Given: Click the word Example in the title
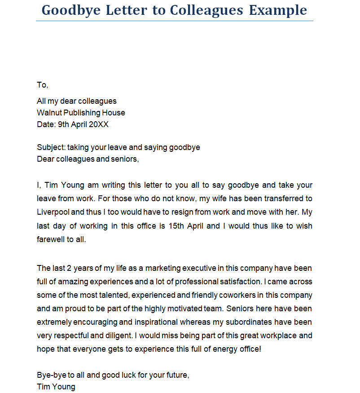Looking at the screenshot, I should (278, 10).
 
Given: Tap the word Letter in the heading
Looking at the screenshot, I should (127, 10).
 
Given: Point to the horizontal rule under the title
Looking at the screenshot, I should (175, 21).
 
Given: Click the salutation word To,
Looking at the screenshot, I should (42, 85).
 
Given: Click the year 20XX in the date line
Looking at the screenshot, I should (99, 124).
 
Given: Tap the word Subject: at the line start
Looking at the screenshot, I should (51, 147).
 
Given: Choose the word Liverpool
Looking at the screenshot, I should (53, 212).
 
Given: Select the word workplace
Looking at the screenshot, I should (271, 336).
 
